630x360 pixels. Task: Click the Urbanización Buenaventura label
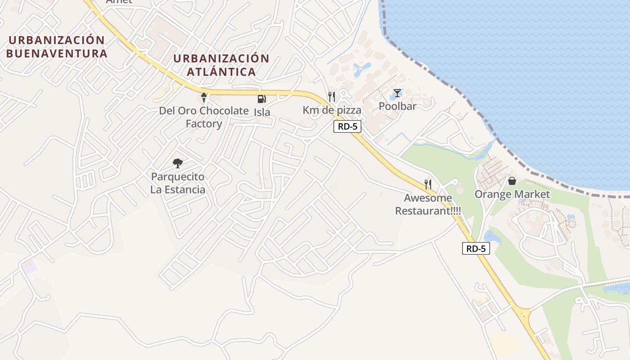pyautogui.click(x=57, y=47)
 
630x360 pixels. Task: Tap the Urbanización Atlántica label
pyautogui.click(x=221, y=65)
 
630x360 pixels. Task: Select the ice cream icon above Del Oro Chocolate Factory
pyautogui.click(x=204, y=97)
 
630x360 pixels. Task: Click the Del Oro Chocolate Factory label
pyautogui.click(x=204, y=117)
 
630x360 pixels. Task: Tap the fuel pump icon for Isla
pyautogui.click(x=261, y=99)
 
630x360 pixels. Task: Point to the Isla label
pyautogui.click(x=262, y=112)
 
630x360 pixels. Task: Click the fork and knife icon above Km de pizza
pyautogui.click(x=332, y=96)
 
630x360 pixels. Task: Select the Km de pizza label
pyautogui.click(x=332, y=110)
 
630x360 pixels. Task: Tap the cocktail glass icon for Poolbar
pyautogui.click(x=397, y=93)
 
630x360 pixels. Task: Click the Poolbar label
pyautogui.click(x=397, y=106)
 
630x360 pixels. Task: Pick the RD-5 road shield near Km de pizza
pyautogui.click(x=347, y=126)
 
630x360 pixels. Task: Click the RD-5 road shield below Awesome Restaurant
pyautogui.click(x=476, y=248)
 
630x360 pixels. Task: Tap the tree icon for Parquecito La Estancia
pyautogui.click(x=178, y=163)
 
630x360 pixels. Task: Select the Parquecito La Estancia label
pyautogui.click(x=178, y=183)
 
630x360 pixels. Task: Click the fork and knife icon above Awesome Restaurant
pyautogui.click(x=428, y=184)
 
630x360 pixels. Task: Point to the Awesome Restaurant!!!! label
pyautogui.click(x=428, y=204)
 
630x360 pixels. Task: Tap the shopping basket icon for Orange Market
pyautogui.click(x=512, y=181)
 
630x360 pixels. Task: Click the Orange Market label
pyautogui.click(x=512, y=194)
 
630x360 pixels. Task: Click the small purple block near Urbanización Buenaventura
pyautogui.click(x=30, y=266)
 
